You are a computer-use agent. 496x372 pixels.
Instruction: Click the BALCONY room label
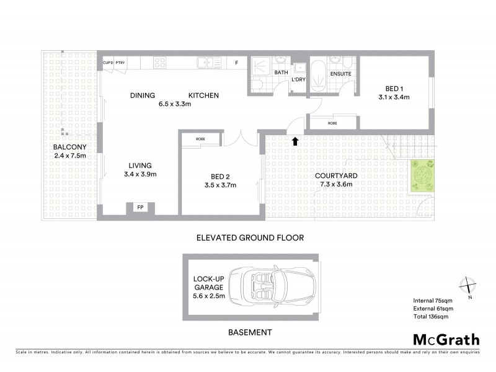click(69, 147)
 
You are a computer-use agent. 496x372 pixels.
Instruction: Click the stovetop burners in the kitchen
click(159, 63)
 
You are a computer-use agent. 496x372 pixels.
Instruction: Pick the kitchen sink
click(205, 62)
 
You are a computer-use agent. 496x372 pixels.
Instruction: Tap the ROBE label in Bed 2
click(200, 139)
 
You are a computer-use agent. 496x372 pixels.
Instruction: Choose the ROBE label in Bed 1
click(333, 123)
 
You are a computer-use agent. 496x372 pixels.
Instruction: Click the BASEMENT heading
click(250, 333)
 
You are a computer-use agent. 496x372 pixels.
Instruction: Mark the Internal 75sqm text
click(433, 301)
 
